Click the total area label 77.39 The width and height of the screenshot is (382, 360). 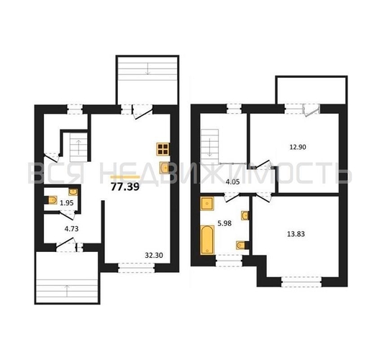point(125,186)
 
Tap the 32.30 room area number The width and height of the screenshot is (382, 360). point(154,255)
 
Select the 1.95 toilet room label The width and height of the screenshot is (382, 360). point(66,203)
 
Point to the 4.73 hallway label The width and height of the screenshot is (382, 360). point(71,228)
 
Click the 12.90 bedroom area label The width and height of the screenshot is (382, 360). point(298,147)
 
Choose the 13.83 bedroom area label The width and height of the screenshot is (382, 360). point(296,234)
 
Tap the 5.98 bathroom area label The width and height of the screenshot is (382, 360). point(224,223)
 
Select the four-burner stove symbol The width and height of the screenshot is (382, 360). point(163,149)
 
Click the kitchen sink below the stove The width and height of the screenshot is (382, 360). point(164,168)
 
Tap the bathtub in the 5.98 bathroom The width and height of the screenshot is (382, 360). point(207,240)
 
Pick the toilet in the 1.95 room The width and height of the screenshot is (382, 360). point(52,200)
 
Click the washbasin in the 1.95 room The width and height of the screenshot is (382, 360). point(73,192)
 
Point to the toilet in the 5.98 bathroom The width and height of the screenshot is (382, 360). point(242,245)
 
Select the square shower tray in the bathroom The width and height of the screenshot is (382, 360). point(207,203)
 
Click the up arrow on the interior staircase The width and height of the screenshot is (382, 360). point(78,147)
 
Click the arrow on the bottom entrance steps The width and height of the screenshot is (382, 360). point(67,291)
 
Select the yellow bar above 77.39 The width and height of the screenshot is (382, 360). point(125,177)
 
